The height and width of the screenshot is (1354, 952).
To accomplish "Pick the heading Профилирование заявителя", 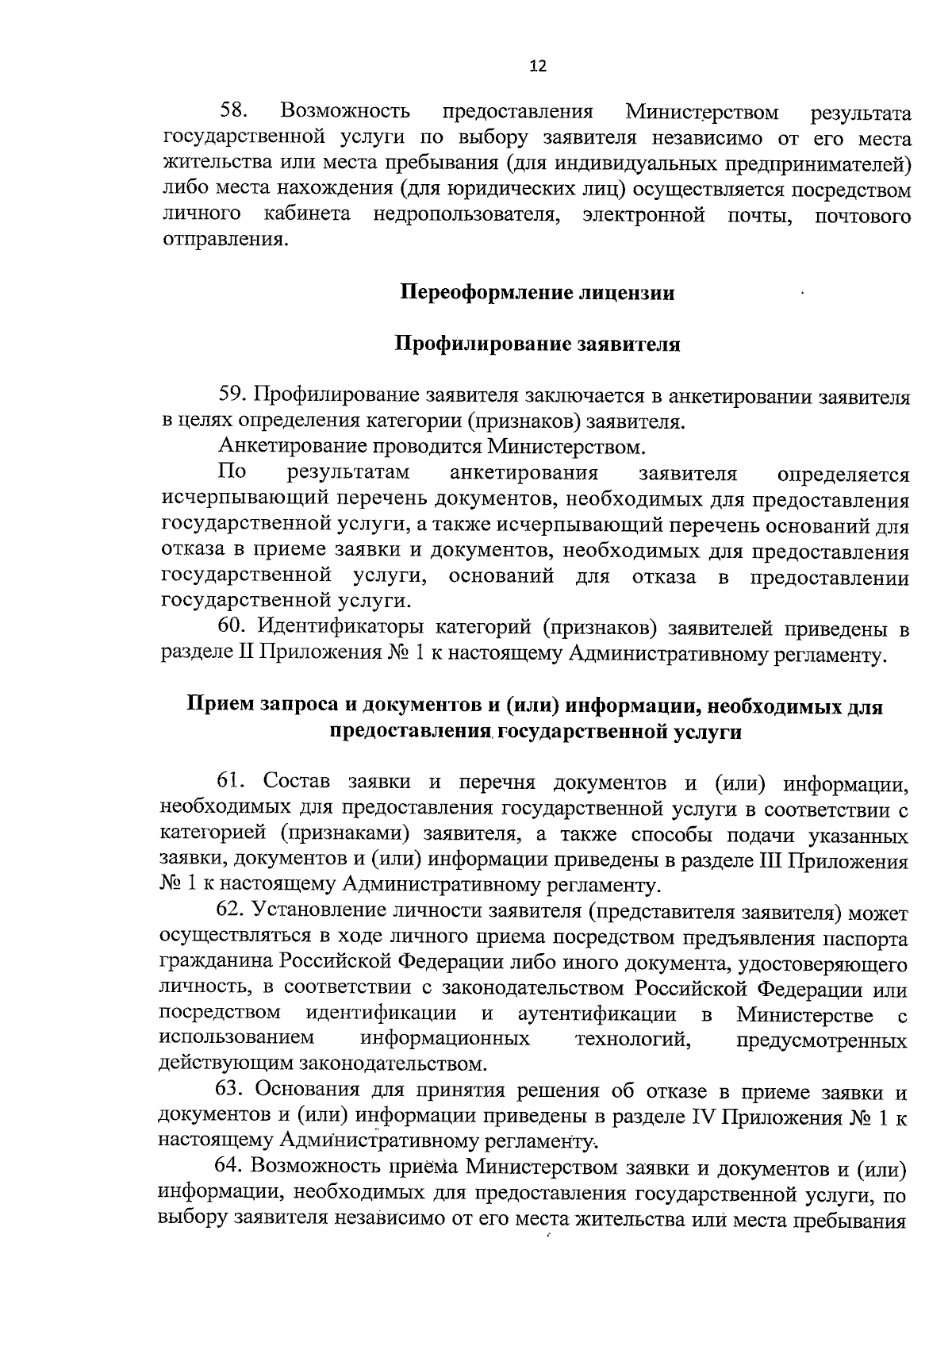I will tap(537, 344).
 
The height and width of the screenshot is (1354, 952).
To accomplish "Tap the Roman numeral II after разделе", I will tap(244, 655).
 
